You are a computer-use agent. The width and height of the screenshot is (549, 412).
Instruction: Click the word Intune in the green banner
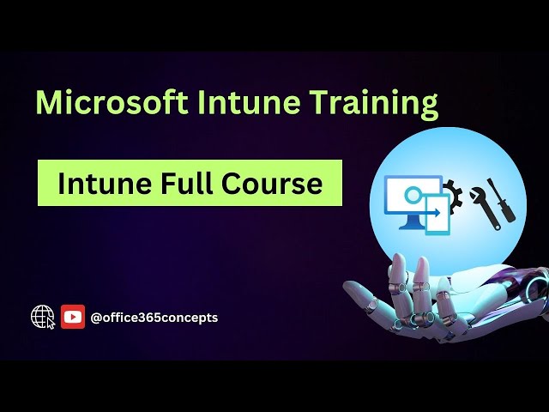coord(96,183)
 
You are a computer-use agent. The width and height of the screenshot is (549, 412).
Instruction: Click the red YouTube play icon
coord(73,317)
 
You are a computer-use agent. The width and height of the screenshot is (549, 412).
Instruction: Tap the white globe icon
coord(41,316)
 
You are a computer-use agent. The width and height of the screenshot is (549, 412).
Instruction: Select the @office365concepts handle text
coord(154,318)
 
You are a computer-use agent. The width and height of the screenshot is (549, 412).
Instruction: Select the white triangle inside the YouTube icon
coord(73,317)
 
